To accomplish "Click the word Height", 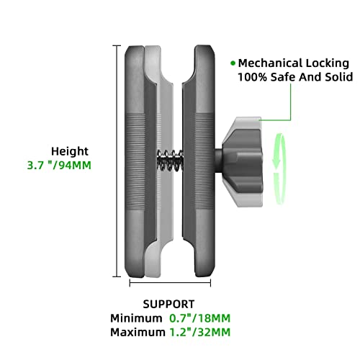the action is [x=70, y=152].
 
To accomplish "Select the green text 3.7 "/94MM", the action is [x=59, y=166].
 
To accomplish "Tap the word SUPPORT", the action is [x=168, y=305].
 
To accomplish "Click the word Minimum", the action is [x=136, y=318].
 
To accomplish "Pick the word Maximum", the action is [x=138, y=333].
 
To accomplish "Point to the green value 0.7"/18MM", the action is [x=200, y=318].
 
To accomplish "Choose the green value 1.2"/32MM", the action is [x=200, y=333].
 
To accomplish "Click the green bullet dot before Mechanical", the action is [x=233, y=63].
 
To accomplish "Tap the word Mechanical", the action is [x=270, y=63].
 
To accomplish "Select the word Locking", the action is [x=328, y=64].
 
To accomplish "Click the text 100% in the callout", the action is [x=252, y=77].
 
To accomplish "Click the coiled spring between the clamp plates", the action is [x=170, y=160].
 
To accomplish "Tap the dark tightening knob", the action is [x=242, y=162].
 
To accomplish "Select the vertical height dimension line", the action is [x=117, y=161].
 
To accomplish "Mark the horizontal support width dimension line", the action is [x=170, y=283].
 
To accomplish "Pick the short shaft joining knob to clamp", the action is [x=218, y=161].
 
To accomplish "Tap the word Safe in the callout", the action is [x=283, y=77].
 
